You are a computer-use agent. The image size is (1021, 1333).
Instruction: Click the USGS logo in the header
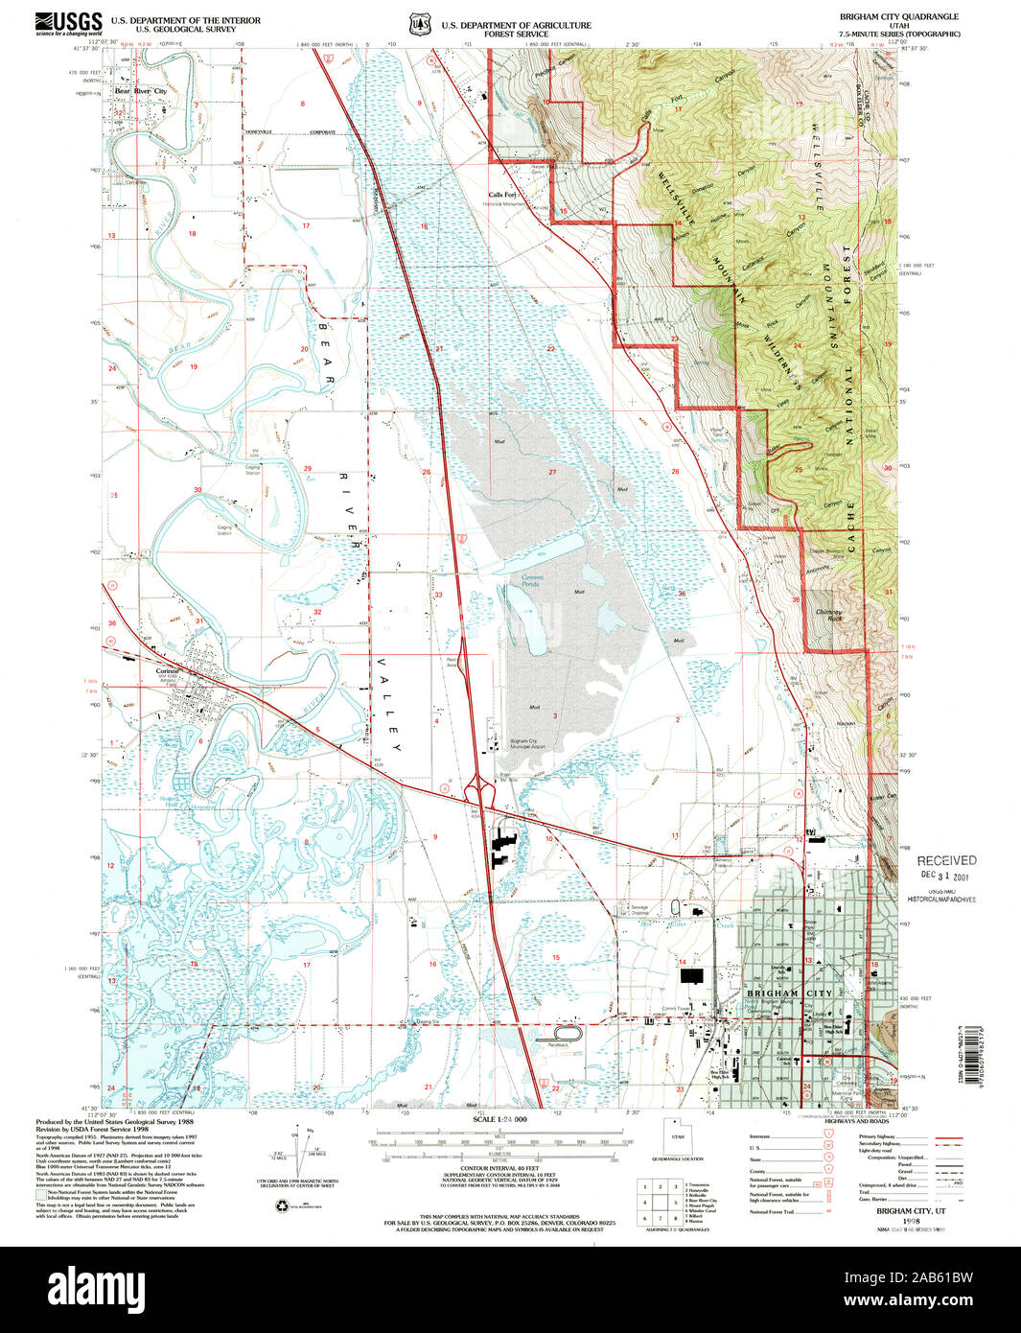pyautogui.click(x=69, y=23)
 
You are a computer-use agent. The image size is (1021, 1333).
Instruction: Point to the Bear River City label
pyautogui.click(x=141, y=91)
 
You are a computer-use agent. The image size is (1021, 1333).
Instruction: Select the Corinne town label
pyautogui.click(x=169, y=671)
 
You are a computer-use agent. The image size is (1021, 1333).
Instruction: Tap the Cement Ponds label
pyautogui.click(x=532, y=580)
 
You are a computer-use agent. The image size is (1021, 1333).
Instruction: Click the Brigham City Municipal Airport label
pyautogui.click(x=530, y=743)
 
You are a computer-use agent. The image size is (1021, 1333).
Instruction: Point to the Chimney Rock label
pyautogui.click(x=829, y=615)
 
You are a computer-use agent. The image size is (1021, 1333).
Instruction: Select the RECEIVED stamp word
pyautogui.click(x=946, y=860)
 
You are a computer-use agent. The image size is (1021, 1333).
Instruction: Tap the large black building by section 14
pyautogui.click(x=691, y=975)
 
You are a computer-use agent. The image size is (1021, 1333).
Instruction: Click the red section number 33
pyautogui.click(x=438, y=595)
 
